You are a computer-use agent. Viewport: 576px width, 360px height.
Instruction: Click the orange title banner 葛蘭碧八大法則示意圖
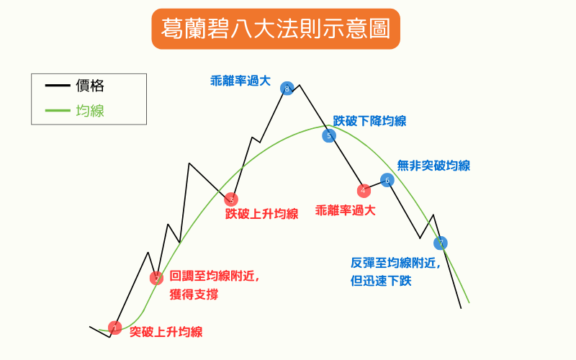(x=276, y=29)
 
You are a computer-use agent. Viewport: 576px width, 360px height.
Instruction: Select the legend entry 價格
(x=90, y=86)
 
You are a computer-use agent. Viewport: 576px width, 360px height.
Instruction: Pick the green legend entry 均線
(x=90, y=111)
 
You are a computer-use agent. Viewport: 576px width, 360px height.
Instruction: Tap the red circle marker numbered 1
(x=115, y=328)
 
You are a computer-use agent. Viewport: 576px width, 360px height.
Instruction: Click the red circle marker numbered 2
(x=156, y=278)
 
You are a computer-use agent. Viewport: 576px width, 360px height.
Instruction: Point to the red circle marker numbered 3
(x=231, y=199)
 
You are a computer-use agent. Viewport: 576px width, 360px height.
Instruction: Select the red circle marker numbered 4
(x=364, y=191)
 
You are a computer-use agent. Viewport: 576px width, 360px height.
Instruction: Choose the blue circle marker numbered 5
(x=329, y=136)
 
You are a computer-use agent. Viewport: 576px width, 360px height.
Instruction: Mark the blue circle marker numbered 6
(x=387, y=180)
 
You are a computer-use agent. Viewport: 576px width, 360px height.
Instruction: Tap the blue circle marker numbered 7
(x=441, y=243)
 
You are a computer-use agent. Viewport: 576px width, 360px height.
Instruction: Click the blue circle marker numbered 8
(x=287, y=89)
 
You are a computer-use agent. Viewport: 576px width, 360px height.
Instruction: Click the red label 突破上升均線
(x=166, y=332)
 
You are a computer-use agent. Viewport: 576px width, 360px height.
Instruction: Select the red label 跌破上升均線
(x=261, y=214)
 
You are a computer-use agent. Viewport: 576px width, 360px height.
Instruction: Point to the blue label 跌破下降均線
(x=369, y=121)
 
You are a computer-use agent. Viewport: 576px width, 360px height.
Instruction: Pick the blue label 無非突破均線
(x=433, y=166)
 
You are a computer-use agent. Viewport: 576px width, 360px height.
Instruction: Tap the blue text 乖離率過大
(x=240, y=81)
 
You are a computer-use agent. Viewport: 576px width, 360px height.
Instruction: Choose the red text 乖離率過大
(x=346, y=210)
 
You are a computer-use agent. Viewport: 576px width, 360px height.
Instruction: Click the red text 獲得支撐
(x=194, y=294)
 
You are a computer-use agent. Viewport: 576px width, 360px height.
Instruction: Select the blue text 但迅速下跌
(x=381, y=281)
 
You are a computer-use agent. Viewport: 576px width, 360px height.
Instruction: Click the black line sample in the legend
(x=58, y=86)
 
